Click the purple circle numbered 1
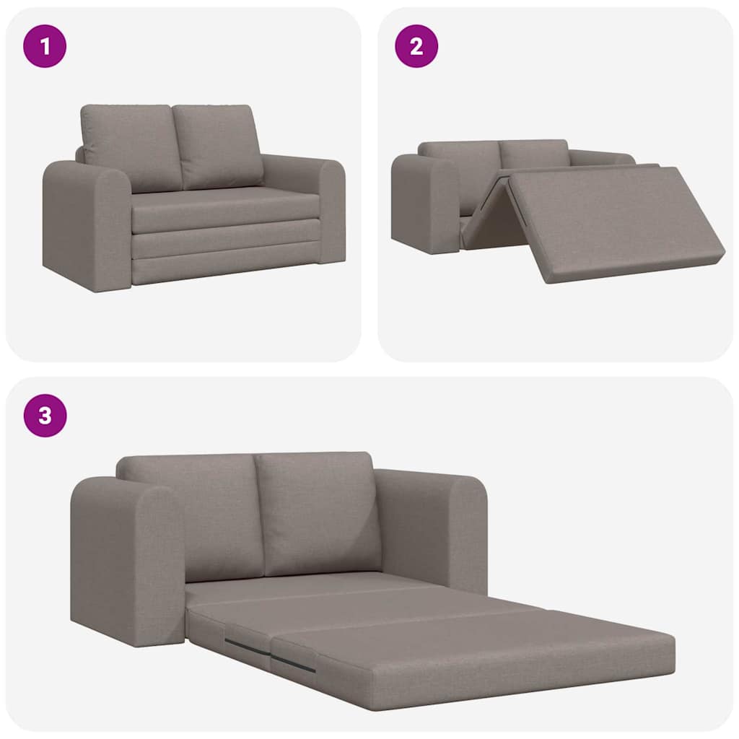(45, 46)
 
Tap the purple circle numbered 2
(416, 46)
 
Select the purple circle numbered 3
(45, 416)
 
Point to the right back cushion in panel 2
(534, 154)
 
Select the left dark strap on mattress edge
(248, 647)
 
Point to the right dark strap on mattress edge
(293, 663)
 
